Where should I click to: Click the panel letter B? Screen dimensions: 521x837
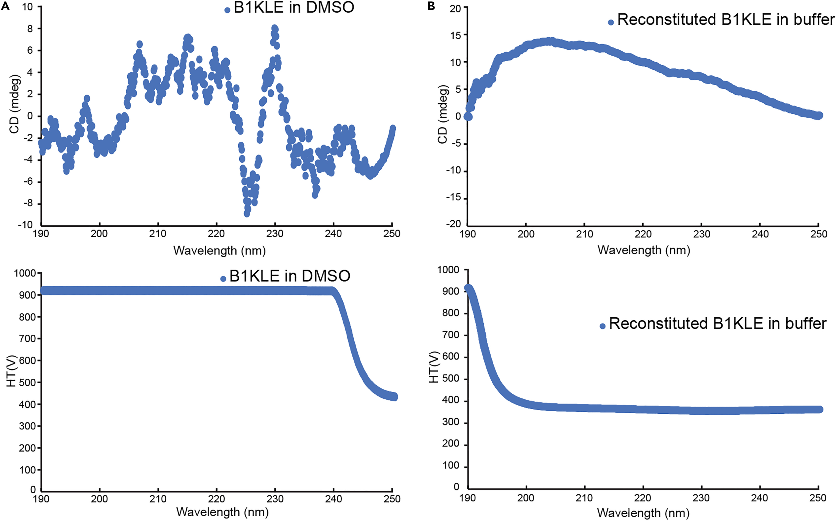pos(431,6)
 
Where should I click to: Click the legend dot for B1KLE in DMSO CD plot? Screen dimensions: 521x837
pos(227,10)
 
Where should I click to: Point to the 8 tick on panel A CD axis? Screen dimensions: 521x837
pos(30,29)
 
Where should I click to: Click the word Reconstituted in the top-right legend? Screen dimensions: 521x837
pos(666,20)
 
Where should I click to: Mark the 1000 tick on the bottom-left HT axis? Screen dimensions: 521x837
pos(25,273)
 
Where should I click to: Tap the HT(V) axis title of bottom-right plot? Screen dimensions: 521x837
pos(434,367)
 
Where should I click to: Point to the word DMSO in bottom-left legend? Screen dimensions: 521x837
pos(326,276)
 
